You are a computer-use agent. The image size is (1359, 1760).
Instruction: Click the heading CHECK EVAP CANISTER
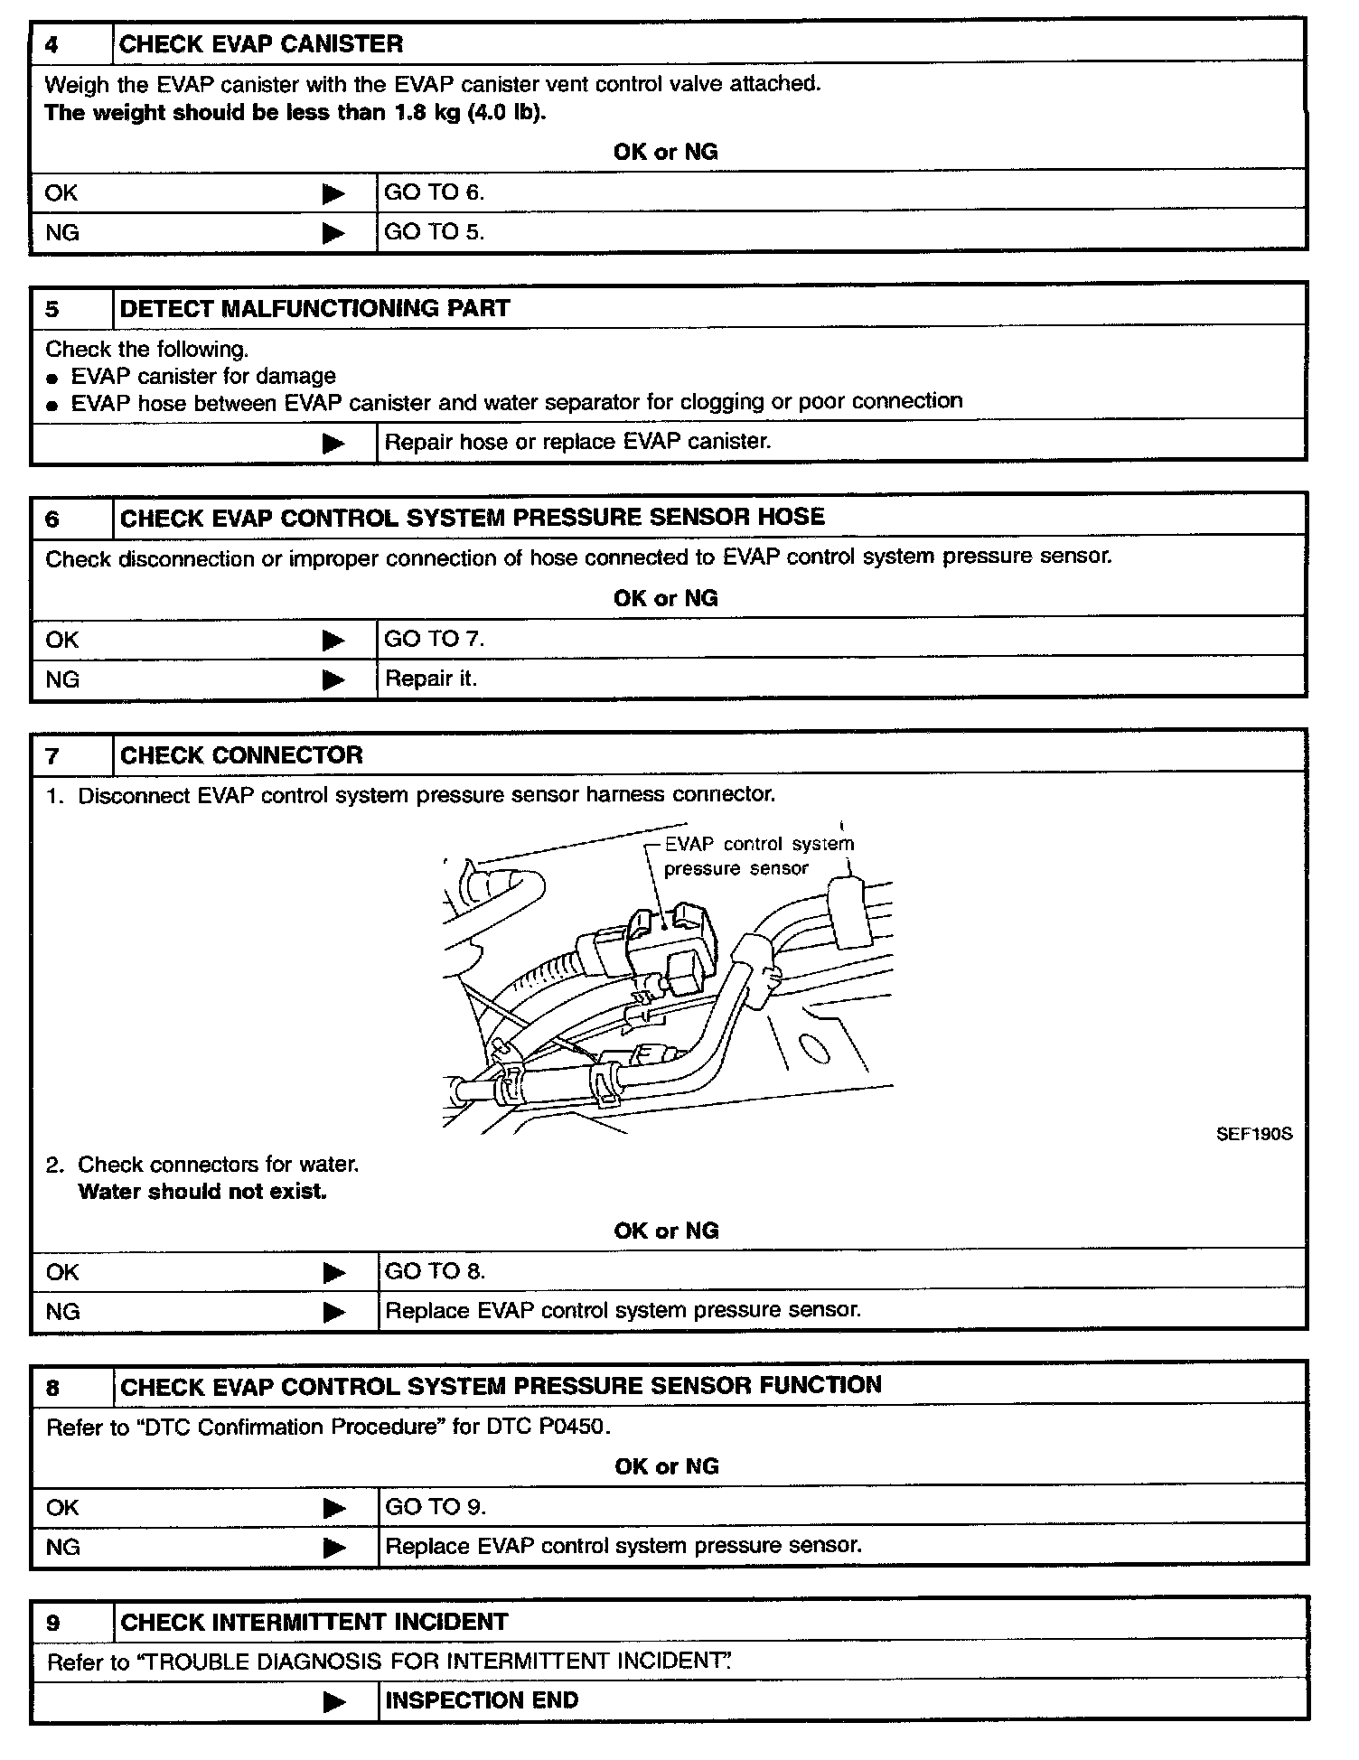point(261,44)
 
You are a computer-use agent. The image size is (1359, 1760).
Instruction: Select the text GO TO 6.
point(435,192)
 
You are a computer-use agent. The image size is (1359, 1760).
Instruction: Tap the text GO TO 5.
point(435,232)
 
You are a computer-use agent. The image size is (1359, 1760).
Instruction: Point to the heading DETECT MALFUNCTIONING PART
point(314,309)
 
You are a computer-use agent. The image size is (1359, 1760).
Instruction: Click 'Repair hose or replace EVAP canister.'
point(577,443)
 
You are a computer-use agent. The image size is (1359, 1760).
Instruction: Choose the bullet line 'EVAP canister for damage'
point(203,376)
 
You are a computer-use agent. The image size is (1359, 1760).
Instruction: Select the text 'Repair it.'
point(431,679)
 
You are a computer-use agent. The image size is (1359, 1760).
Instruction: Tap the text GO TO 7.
point(435,639)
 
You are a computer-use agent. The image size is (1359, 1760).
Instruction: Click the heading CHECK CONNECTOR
point(241,755)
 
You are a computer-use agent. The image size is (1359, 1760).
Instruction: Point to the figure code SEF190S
point(1254,1134)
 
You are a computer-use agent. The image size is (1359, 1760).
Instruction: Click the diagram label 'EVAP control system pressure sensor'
point(757,857)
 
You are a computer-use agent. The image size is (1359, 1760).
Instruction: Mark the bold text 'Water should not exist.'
point(202,1192)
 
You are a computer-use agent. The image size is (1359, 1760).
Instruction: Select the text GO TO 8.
point(435,1271)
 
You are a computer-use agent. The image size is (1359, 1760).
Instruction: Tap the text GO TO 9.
point(436,1506)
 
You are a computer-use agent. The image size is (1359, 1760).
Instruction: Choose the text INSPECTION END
point(482,1700)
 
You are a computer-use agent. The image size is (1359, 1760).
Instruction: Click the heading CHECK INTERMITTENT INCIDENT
point(314,1622)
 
